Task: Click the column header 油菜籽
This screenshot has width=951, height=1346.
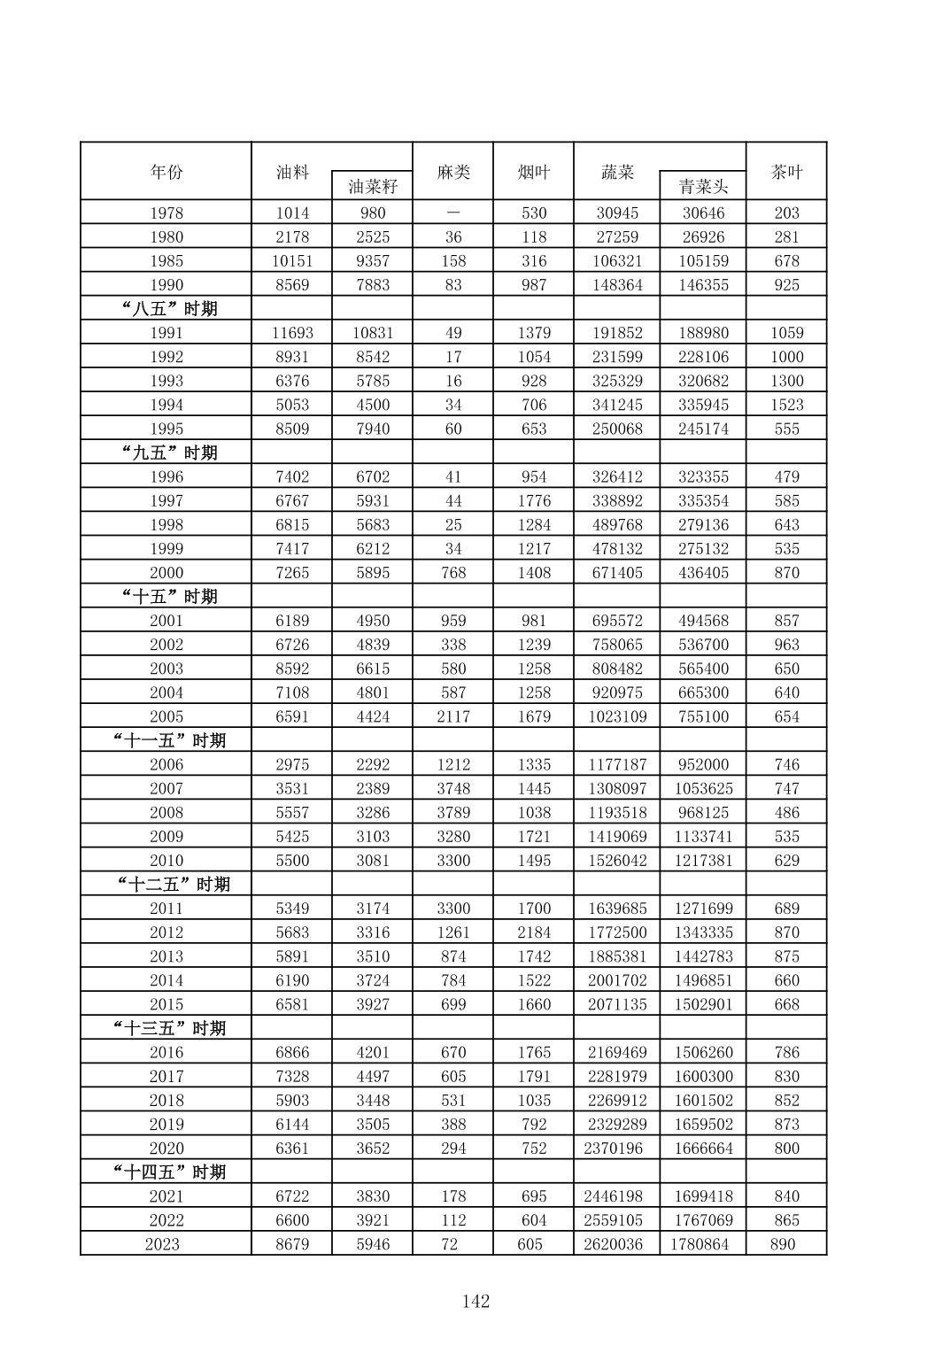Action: pos(373,186)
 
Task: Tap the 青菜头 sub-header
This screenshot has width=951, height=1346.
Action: pos(703,186)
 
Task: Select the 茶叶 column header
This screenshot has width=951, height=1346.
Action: pos(786,172)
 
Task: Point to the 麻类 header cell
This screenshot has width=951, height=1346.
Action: pos(453,172)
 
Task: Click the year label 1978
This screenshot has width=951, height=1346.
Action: pos(166,213)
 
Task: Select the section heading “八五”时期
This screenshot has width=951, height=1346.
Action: pos(169,308)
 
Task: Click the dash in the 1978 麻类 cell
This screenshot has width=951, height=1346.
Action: pos(453,213)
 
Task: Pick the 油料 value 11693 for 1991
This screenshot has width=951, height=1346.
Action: pos(292,333)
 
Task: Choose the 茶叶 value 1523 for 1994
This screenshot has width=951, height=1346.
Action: pos(786,405)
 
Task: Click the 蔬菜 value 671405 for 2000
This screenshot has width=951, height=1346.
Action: pos(617,573)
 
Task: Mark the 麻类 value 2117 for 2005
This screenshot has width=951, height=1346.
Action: pos(453,716)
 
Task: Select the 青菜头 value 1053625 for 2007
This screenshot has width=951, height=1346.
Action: pos(703,788)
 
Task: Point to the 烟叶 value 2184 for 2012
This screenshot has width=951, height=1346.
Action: pos(534,932)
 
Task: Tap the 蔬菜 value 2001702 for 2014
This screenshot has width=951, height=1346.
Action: pos(617,980)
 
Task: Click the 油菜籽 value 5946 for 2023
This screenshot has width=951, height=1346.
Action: pos(373,1244)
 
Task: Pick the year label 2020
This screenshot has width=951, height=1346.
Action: pos(166,1149)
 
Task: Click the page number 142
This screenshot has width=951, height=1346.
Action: pos(475,1301)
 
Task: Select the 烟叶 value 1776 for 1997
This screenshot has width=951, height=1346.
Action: pos(534,500)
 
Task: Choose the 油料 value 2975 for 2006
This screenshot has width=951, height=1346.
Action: pos(292,764)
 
